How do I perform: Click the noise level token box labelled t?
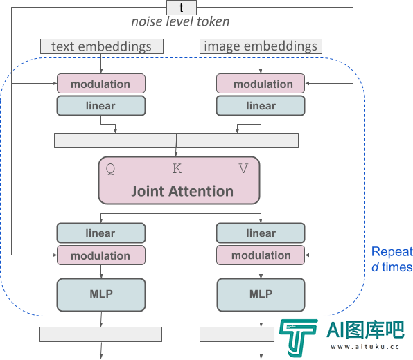tap(182, 8)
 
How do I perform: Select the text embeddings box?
tap(102, 46)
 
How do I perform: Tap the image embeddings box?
tap(261, 46)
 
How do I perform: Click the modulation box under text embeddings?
tap(101, 83)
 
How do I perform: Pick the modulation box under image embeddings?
tap(261, 83)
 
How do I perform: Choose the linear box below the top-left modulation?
tap(101, 105)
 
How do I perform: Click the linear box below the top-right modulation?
tap(261, 105)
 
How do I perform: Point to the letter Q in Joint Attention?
tap(110, 169)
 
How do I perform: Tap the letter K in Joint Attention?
tap(177, 168)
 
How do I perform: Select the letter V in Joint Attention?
tap(243, 168)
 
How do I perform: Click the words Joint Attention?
tap(182, 191)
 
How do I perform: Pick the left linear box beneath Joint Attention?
tap(101, 233)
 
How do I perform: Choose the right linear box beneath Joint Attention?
tap(261, 233)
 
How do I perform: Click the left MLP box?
tap(101, 295)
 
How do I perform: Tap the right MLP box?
tap(261, 295)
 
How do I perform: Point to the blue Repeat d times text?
tap(392, 260)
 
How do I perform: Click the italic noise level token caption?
tap(180, 21)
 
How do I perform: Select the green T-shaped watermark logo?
tap(298, 337)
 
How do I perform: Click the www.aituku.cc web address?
tap(364, 347)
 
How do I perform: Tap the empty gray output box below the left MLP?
tap(101, 334)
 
